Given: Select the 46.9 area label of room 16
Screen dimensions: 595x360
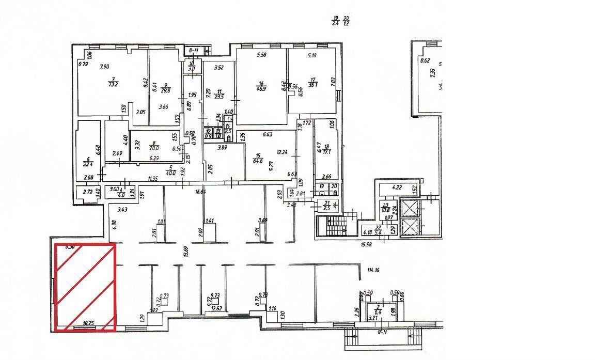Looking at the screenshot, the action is pos(262,88).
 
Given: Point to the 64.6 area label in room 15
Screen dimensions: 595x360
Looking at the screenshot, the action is pos(258,161).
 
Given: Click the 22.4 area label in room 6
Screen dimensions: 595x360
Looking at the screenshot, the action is pos(88,165).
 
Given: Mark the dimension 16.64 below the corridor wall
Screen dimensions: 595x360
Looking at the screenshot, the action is pos(201,192).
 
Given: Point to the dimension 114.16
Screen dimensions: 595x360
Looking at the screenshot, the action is pos(373,270).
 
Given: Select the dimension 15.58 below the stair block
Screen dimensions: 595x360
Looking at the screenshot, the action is pos(367,244).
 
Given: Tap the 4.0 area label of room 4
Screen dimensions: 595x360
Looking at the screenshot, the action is pos(121,195).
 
